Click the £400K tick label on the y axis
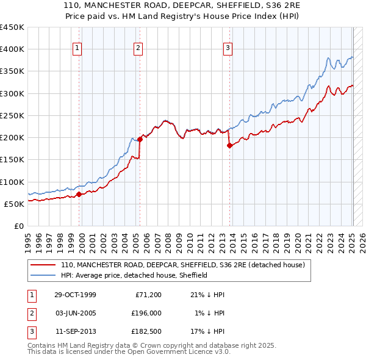[12, 49]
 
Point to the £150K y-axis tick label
[12, 160]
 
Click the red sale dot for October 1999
[79, 195]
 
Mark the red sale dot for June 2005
[140, 139]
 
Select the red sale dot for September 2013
[229, 145]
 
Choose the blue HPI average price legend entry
[134, 275]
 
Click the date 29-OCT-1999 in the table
[75, 295]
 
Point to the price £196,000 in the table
[146, 313]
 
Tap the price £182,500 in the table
[146, 331]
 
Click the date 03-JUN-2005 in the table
[75, 313]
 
